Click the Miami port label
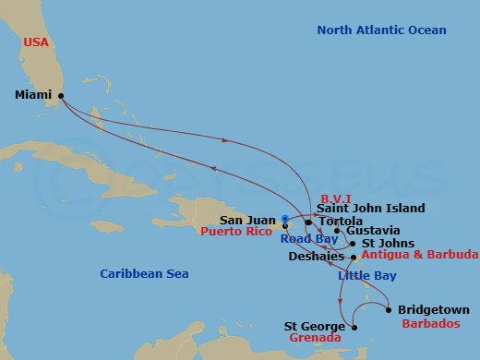click(34, 94)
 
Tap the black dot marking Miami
click(61, 95)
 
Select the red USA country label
click(37, 42)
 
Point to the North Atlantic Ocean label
click(381, 30)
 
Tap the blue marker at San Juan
click(285, 220)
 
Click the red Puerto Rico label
click(236, 233)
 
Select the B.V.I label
click(336, 198)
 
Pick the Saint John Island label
click(370, 209)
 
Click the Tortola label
click(340, 222)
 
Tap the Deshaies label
click(316, 256)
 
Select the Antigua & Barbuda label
click(420, 255)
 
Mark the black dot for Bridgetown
click(388, 309)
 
